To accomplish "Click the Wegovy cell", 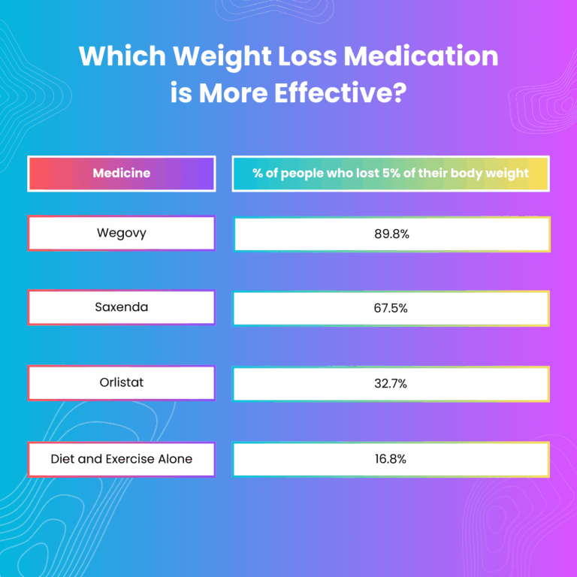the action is click(x=122, y=233).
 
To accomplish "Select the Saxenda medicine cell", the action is click(x=122, y=307).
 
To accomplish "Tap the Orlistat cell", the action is click(x=122, y=382).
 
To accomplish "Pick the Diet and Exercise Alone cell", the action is click(x=122, y=459).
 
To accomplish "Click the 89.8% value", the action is click(x=391, y=234).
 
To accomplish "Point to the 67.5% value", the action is click(x=391, y=308).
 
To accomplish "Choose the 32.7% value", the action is click(x=391, y=383).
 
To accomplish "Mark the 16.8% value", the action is click(x=391, y=459).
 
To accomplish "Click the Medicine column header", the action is click(x=122, y=174).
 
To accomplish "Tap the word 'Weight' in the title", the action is click(x=223, y=58).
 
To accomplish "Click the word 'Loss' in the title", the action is click(x=307, y=56).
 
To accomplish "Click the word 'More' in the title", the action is click(x=234, y=92).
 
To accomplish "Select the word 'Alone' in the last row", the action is click(x=175, y=459).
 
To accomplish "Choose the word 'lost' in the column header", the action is click(x=367, y=173).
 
